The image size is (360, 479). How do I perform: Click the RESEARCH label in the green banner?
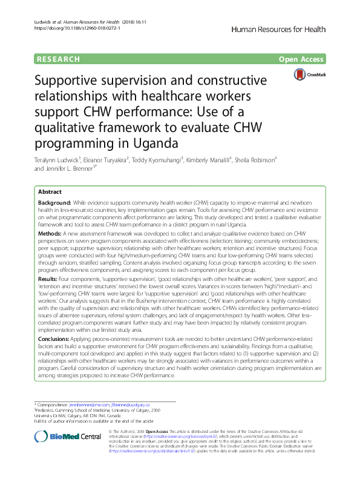coord(58,59)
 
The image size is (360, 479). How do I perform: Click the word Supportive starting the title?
coord(70,81)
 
